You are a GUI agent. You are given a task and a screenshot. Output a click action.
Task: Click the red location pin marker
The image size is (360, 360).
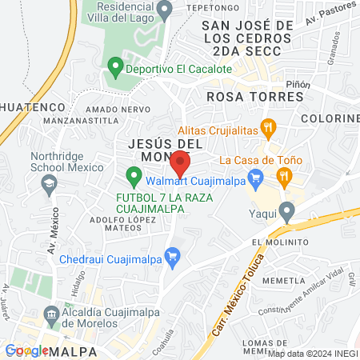coord(180,163)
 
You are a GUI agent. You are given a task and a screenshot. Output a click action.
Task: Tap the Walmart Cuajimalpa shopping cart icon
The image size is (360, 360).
coord(256,176)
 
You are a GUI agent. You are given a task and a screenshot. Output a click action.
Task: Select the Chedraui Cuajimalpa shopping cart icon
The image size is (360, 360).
coord(170,256)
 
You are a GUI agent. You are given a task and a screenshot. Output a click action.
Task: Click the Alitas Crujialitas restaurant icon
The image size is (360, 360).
coord(270,126)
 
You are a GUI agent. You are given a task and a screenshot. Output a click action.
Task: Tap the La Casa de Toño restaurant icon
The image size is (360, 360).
coord(283,176)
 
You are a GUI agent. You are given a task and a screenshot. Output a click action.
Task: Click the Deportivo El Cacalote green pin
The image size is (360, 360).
coord(114,68)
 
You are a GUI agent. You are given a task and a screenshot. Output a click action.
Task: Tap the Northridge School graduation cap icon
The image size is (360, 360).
coord(50,184)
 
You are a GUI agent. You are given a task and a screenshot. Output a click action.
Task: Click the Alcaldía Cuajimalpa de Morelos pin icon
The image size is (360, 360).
coord(52,313)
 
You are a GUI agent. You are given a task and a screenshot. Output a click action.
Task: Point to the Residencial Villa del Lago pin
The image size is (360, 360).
coord(165,10)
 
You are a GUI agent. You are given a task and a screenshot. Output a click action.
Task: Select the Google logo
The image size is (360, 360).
coord(26,350)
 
